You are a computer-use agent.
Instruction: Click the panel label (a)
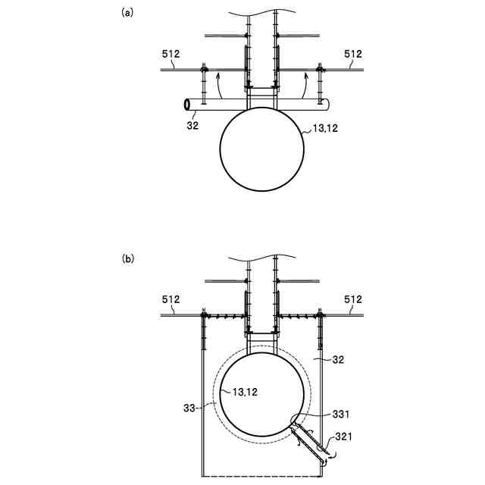(128, 12)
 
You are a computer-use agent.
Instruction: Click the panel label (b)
(128, 258)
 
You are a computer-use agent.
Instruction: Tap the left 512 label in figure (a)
(172, 54)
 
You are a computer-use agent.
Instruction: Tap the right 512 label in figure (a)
(353, 54)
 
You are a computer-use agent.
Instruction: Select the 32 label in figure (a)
(192, 125)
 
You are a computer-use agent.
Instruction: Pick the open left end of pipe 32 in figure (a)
(186, 104)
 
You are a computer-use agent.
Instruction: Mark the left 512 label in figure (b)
(172, 299)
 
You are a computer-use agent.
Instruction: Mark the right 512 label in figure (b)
(353, 299)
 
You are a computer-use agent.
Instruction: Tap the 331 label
(341, 413)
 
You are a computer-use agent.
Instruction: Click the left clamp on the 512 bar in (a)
(204, 70)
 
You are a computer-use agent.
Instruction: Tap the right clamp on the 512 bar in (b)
(319, 314)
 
